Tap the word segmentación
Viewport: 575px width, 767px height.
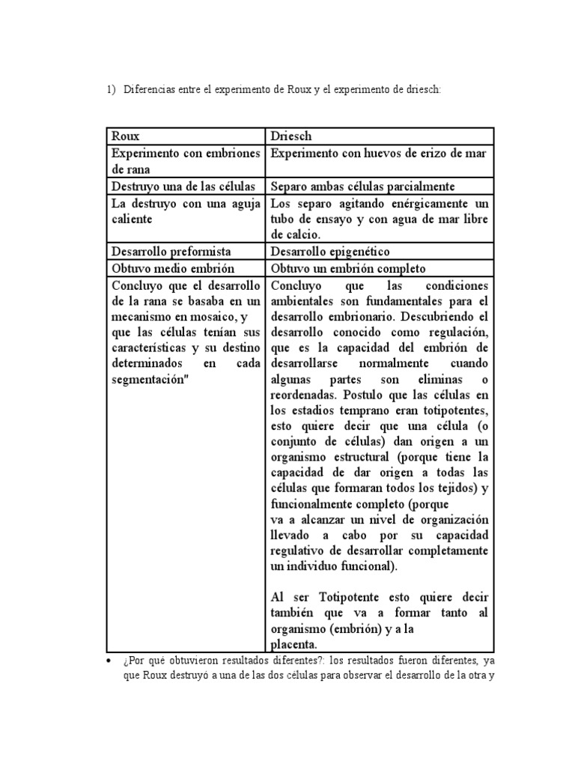[x=153, y=379]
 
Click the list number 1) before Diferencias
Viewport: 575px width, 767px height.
[x=111, y=89]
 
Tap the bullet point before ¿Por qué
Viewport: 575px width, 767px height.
[x=109, y=662]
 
